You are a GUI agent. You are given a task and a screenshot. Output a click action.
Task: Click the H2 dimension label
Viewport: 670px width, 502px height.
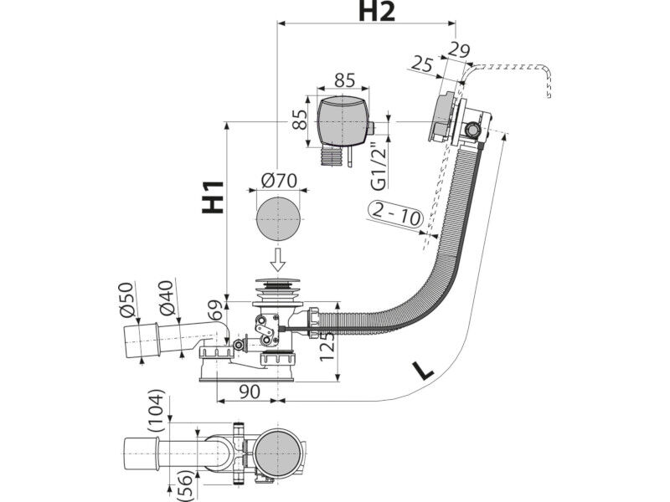point(376,12)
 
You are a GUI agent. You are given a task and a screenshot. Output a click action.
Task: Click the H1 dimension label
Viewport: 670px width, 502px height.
point(213,197)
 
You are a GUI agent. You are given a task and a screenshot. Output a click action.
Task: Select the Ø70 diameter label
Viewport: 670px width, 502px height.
point(279,181)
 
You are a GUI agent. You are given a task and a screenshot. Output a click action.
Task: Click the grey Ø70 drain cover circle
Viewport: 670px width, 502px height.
point(278,219)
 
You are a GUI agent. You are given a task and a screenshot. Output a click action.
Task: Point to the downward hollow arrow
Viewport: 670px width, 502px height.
point(278,259)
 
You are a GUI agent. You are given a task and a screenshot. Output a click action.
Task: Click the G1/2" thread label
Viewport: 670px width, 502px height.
point(379,165)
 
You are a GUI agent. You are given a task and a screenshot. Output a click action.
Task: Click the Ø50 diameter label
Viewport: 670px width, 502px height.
point(127,300)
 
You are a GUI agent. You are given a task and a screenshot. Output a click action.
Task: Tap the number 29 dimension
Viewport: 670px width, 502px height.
point(458,50)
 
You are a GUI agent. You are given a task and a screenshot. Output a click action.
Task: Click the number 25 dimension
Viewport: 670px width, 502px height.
point(422,64)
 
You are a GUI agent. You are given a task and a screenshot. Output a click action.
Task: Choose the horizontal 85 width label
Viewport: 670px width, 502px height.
point(344,79)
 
